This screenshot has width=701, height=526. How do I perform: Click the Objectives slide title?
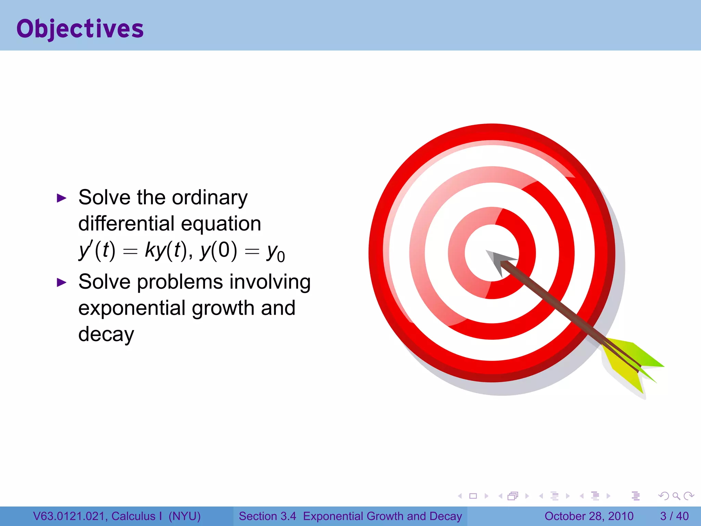coord(80,29)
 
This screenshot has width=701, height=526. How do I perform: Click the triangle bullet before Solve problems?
coord(61,283)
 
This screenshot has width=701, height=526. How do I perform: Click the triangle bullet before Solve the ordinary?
coord(61,198)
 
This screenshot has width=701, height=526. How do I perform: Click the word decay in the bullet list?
coord(106,335)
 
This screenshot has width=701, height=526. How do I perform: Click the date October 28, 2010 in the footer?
coord(589,516)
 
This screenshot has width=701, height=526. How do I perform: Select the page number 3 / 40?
coord(674,516)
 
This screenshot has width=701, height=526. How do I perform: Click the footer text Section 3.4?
coord(267,516)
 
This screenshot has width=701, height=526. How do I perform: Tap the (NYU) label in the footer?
coord(184,516)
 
